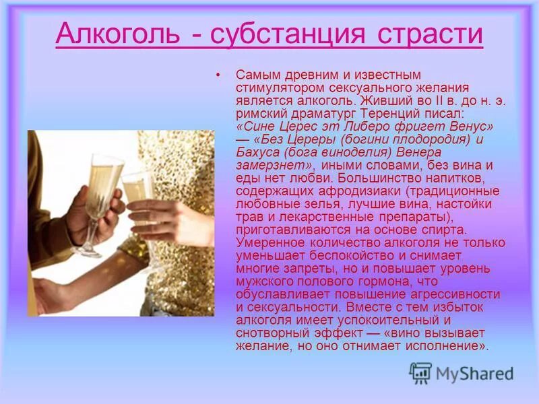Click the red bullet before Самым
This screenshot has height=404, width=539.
[x=218, y=75]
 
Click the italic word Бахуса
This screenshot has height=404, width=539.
[x=256, y=152]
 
